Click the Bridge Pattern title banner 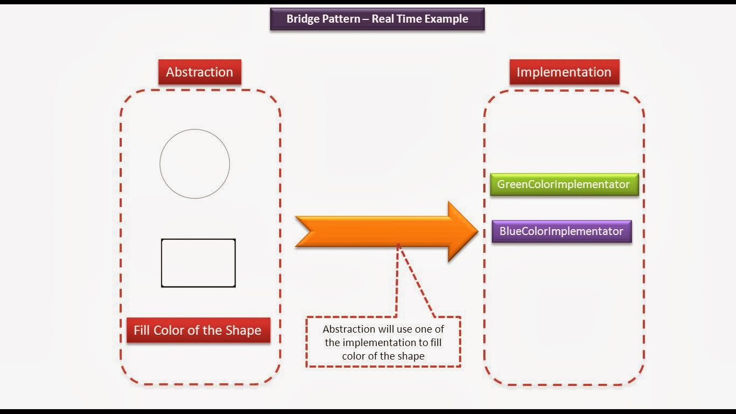(x=377, y=19)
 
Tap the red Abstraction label (x=199, y=72)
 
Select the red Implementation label (x=564, y=72)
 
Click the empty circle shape (x=195, y=164)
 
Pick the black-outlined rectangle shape (x=198, y=263)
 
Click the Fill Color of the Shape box (x=198, y=330)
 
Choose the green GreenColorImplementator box (x=564, y=184)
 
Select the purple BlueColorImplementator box (x=561, y=231)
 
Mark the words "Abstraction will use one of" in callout (x=383, y=329)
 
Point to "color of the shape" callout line (x=383, y=356)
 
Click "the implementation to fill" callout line (x=383, y=342)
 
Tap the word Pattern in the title (x=342, y=19)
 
